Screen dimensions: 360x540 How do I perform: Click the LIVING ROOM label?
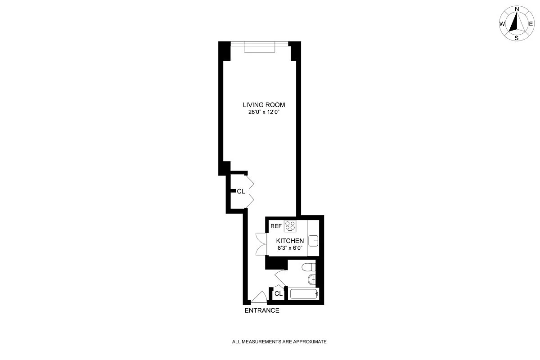[264, 105]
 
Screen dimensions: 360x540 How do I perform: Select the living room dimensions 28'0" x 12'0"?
[264, 112]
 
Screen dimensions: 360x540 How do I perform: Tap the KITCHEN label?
[290, 241]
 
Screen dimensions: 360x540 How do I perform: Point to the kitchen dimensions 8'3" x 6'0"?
[290, 248]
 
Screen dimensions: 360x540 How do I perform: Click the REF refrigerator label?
[275, 226]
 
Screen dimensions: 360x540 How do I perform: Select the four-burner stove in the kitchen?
[290, 226]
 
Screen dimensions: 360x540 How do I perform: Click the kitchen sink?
[314, 241]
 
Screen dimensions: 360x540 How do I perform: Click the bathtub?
[304, 294]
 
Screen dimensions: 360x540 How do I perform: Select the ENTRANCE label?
[261, 310]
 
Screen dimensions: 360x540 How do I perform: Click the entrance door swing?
[259, 297]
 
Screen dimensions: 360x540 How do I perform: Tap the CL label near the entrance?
[278, 294]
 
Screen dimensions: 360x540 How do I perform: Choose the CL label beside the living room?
[241, 191]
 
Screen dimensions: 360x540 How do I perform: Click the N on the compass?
[517, 9]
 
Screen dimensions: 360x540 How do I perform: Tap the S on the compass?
[517, 38]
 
